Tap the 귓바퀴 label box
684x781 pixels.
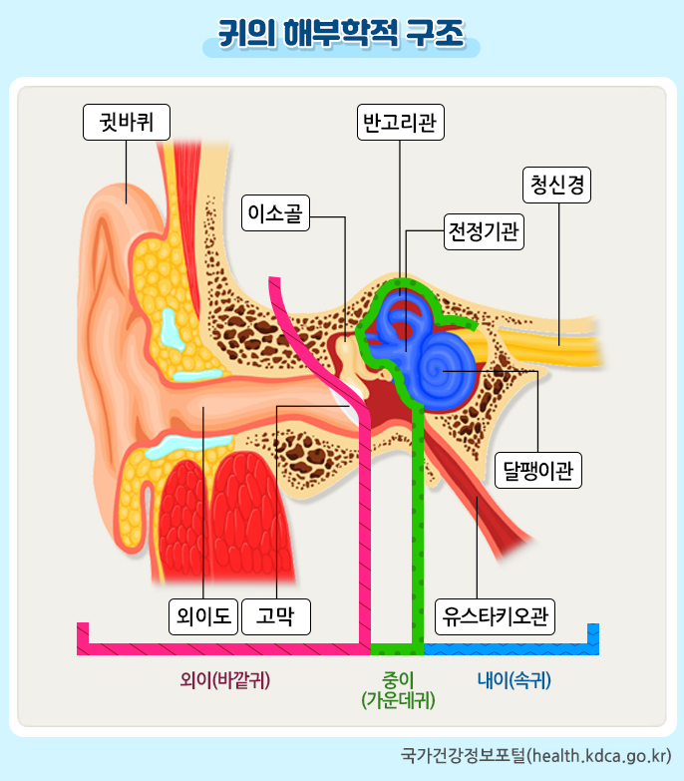[126, 123]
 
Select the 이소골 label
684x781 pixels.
[276, 212]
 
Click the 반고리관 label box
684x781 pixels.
[400, 123]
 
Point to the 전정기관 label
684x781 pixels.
[484, 233]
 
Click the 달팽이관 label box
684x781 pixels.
[538, 470]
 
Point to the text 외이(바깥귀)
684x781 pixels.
[226, 680]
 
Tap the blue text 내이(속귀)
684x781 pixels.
[513, 680]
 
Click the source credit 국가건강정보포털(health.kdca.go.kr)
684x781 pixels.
[534, 754]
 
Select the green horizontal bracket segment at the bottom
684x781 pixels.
[397, 648]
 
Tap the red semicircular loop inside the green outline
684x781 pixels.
[407, 320]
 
